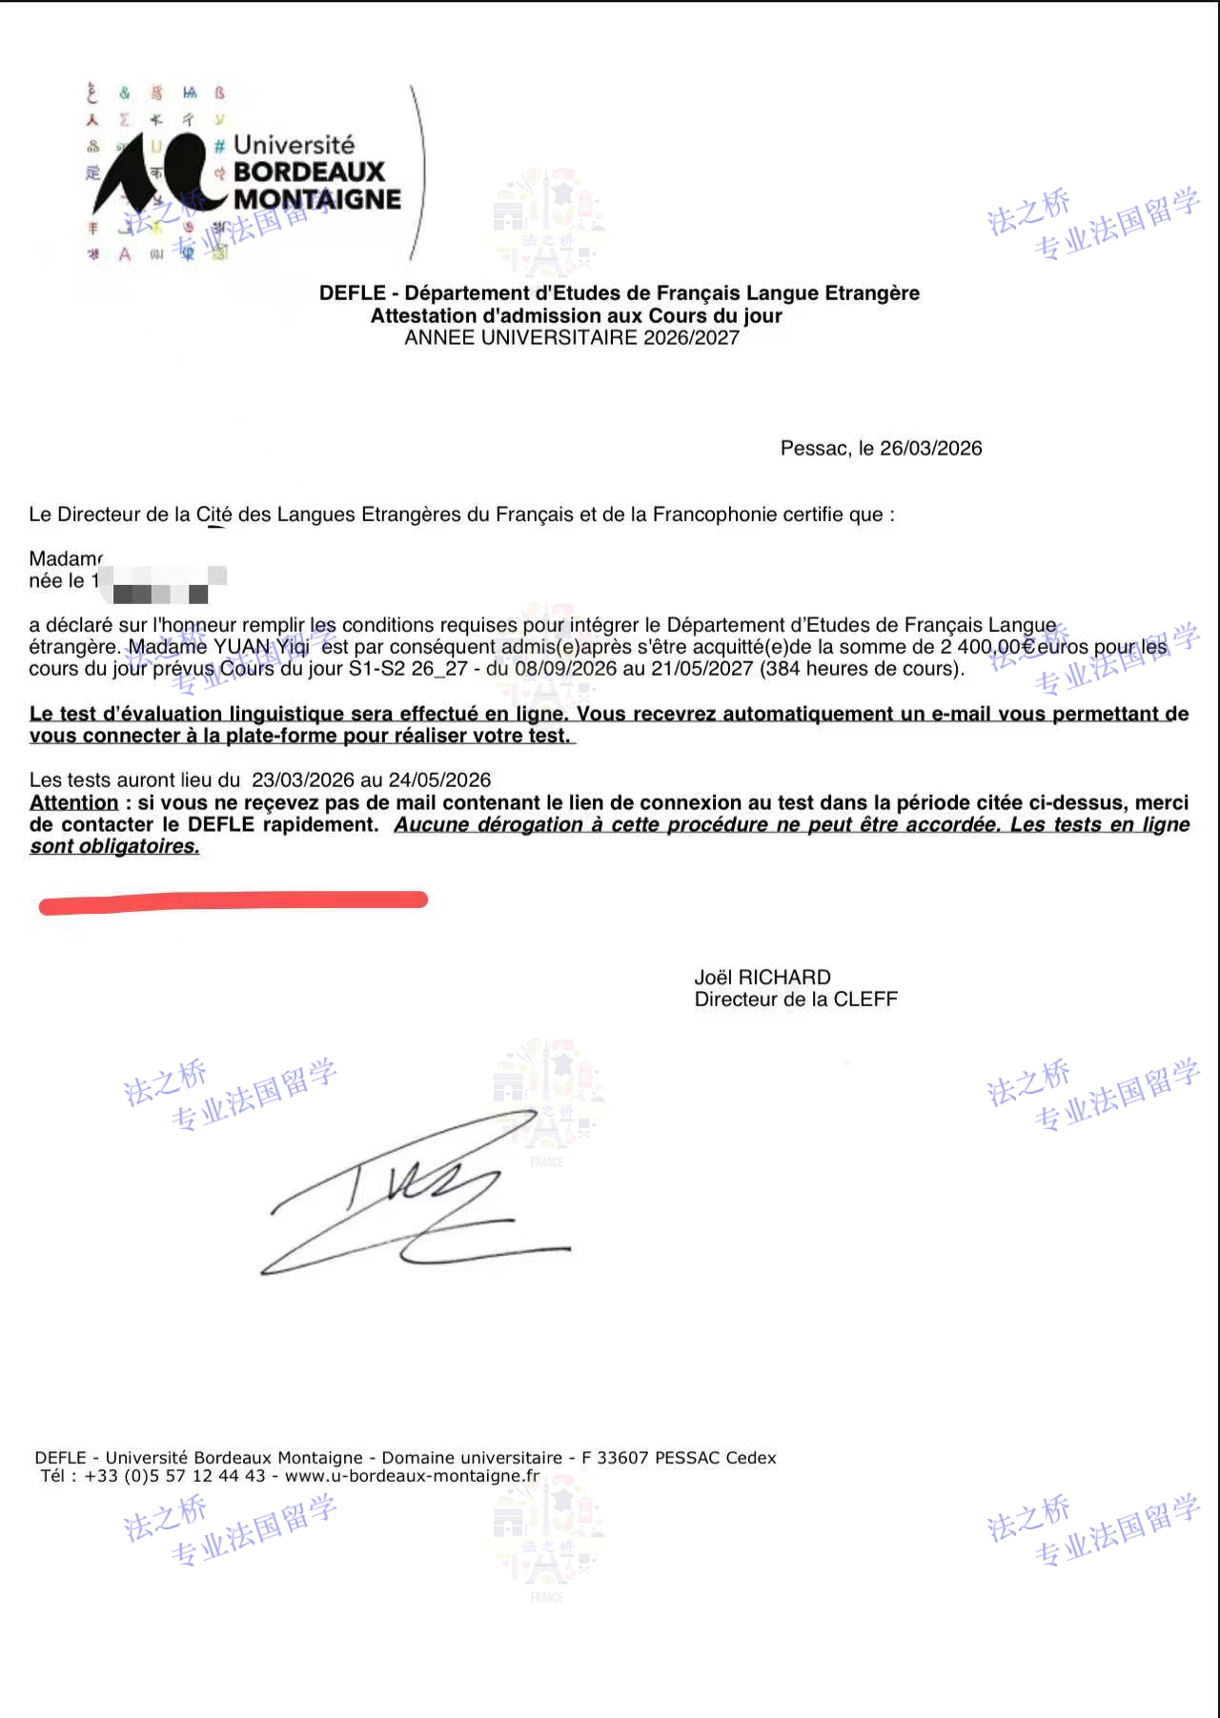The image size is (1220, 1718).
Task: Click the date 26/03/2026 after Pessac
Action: coord(930,449)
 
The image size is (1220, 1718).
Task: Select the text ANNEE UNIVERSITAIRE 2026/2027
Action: coord(572,338)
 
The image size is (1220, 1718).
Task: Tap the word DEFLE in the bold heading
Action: coord(352,293)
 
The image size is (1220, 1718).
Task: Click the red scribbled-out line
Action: coord(233,901)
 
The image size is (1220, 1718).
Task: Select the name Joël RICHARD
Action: coord(762,978)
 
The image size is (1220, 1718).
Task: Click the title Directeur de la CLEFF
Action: coord(796,1000)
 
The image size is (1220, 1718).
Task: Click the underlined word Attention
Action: coord(74,803)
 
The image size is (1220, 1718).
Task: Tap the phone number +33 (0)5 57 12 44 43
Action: coord(174,1476)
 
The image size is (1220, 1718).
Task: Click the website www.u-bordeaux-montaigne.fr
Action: coord(412,1476)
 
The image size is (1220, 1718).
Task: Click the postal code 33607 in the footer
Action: coord(622,1458)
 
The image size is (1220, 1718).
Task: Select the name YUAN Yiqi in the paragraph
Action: coord(261,647)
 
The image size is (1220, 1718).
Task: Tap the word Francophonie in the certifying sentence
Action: coord(714,515)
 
